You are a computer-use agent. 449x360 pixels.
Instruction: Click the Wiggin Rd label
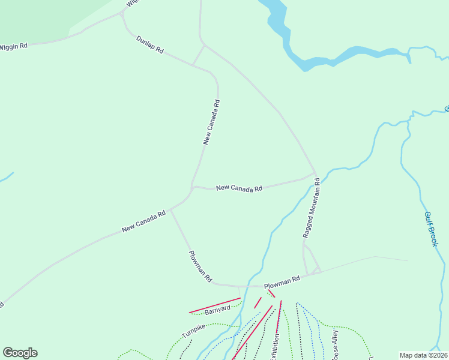tap(14, 46)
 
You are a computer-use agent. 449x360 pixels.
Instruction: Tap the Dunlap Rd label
tap(149, 45)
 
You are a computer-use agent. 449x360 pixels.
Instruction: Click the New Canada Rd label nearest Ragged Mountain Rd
tap(239, 188)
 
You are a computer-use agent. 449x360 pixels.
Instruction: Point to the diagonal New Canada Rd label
tap(143, 221)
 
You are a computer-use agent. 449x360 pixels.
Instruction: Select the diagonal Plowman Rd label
tap(200, 267)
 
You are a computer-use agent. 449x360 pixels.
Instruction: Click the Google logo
tap(20, 353)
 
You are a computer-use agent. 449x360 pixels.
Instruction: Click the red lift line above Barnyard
tap(214, 305)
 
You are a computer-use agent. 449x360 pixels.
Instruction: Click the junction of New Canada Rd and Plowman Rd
tap(171, 210)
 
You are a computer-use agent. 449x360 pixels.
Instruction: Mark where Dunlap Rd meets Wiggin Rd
tap(123, 12)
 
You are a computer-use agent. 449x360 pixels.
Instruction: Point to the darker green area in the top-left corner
tap(36, 18)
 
